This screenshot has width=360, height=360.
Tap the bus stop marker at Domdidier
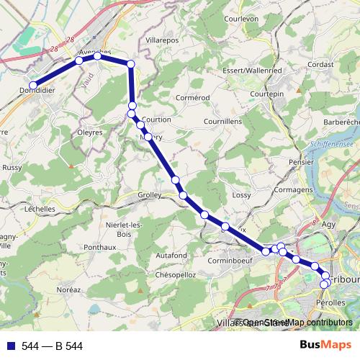tap(32, 86)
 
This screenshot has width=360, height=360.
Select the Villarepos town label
tap(161, 40)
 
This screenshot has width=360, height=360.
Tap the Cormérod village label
tap(191, 97)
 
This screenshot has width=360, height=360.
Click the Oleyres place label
tap(91, 132)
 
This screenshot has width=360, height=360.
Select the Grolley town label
tap(150, 195)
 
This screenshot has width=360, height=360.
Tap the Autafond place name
tap(171, 255)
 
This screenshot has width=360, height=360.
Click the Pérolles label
tap(330, 305)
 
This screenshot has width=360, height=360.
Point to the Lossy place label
tap(241, 195)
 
